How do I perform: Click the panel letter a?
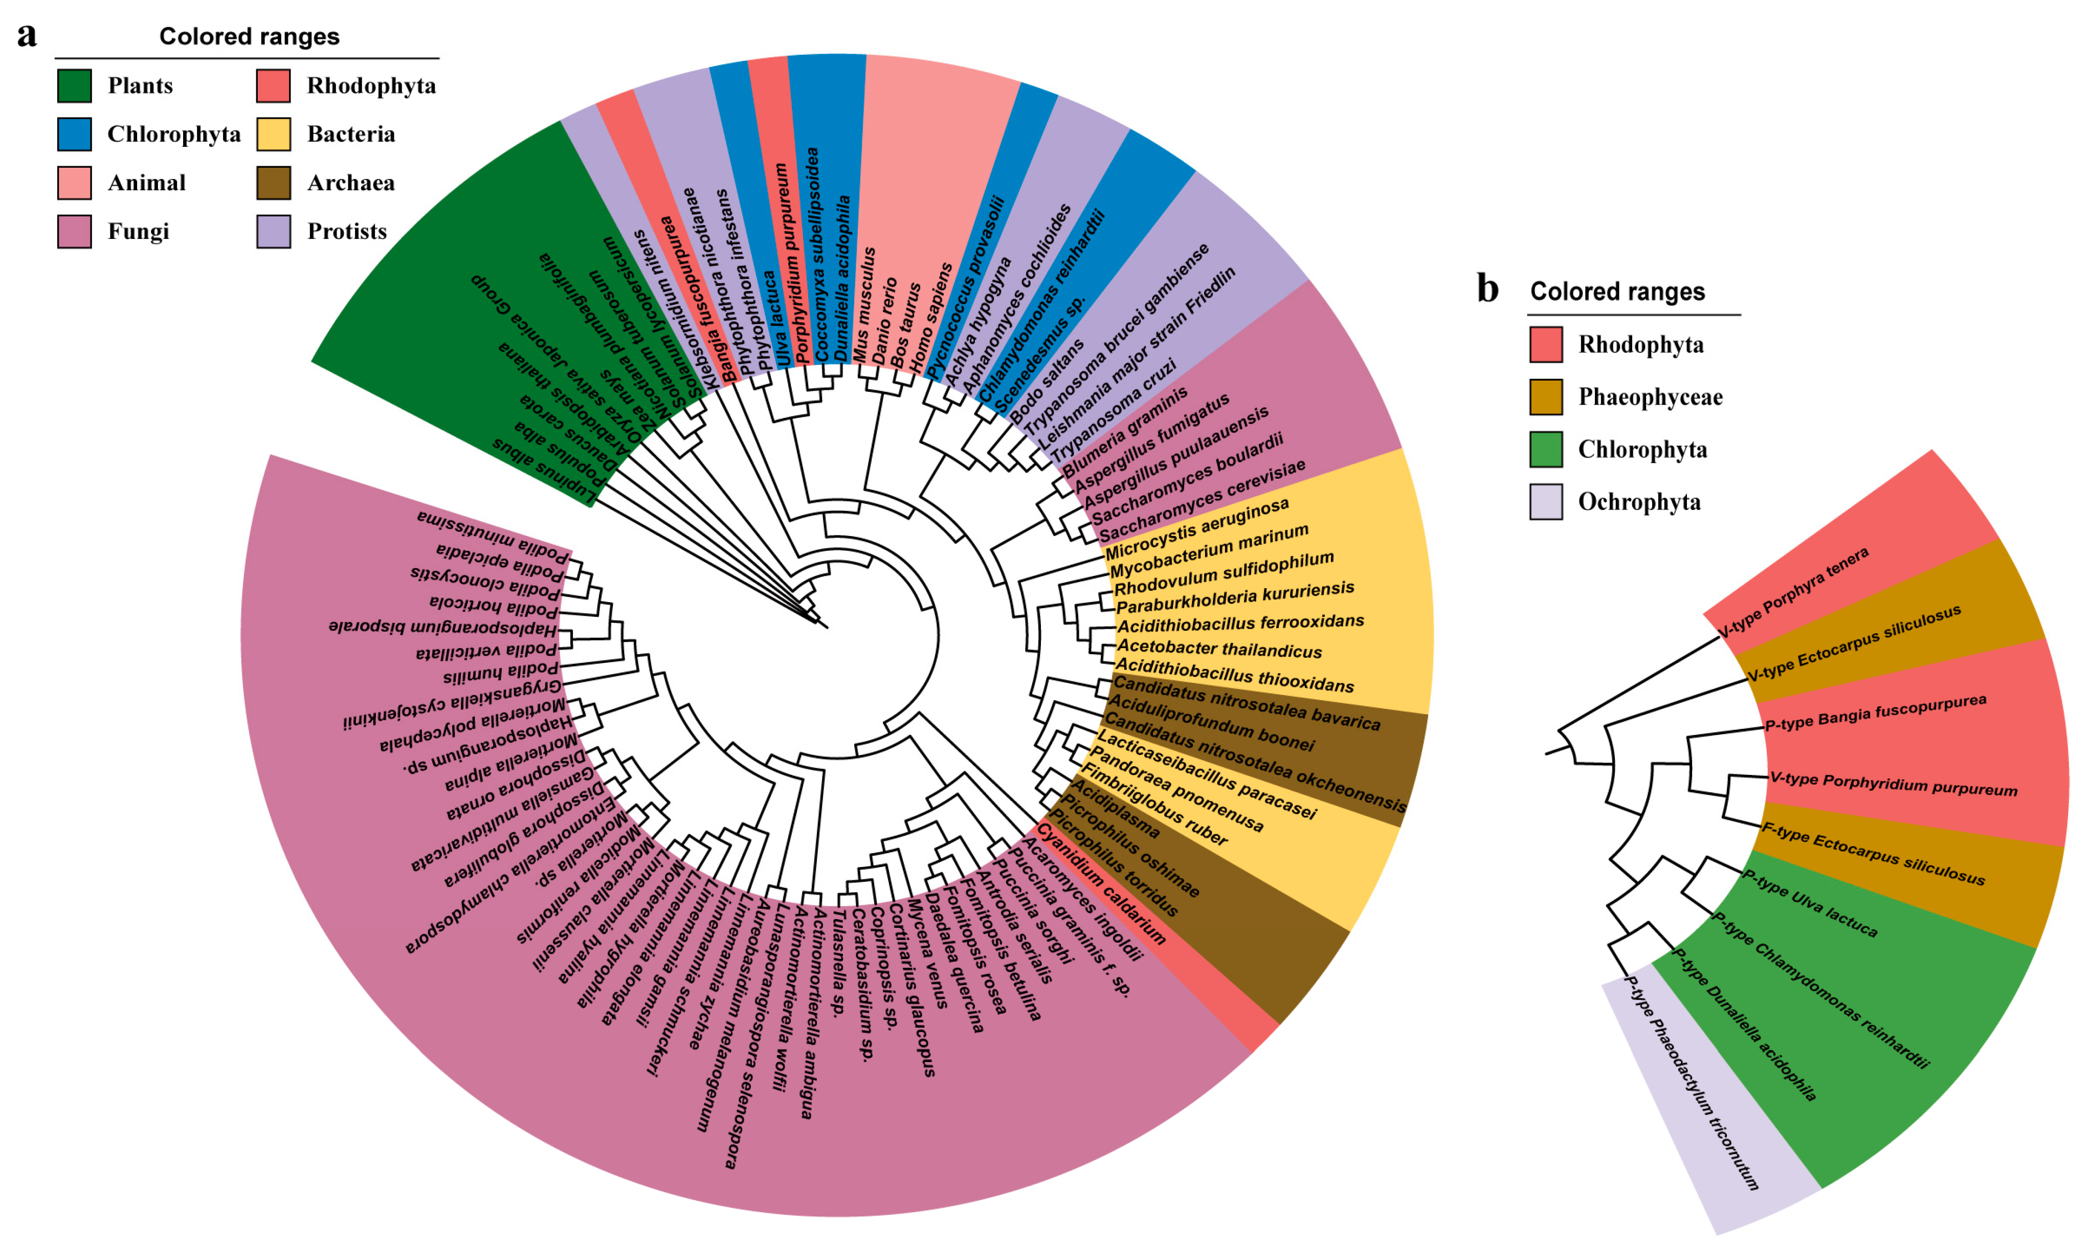point(27,36)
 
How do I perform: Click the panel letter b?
point(1487,290)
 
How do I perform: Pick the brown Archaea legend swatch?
point(274,183)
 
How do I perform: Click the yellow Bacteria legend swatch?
point(274,135)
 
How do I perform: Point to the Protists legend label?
point(347,232)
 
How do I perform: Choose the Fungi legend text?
point(139,232)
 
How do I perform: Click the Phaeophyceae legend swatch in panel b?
point(1546,397)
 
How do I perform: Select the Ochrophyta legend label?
point(1639,502)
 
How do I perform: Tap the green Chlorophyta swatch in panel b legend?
point(1546,449)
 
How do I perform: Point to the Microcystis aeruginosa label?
point(1196,529)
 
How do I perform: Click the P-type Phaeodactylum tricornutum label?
point(1692,1083)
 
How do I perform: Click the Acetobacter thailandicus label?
point(1219,649)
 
